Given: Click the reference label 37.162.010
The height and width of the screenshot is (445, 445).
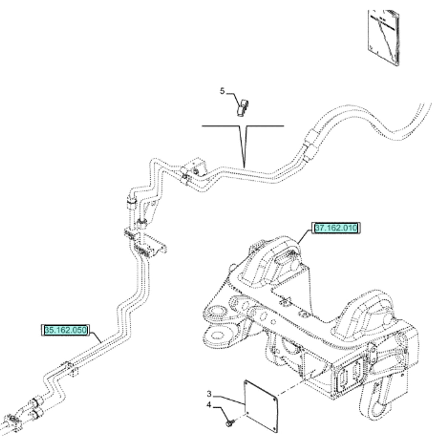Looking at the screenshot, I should [336, 228].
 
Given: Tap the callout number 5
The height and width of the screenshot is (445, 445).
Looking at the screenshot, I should [222, 91].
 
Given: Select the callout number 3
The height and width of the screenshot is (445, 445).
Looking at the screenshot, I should [209, 394].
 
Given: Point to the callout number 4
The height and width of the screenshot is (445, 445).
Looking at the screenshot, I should [209, 405].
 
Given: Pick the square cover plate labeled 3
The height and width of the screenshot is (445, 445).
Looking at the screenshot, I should [262, 404].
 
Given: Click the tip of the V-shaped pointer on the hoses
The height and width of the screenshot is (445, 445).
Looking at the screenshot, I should [243, 163].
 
